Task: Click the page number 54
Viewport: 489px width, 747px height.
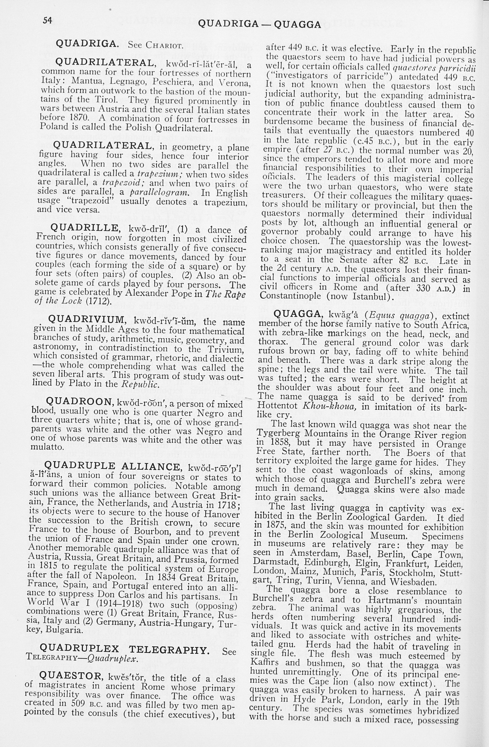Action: click(47, 20)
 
